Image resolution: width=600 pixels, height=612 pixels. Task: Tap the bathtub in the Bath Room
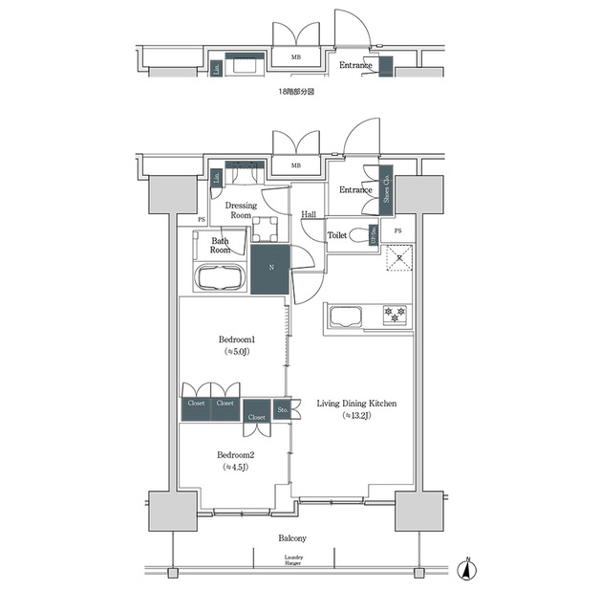tap(220, 279)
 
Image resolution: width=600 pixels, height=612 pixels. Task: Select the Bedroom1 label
tap(235, 339)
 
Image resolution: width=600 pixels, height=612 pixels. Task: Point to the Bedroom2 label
tap(235, 455)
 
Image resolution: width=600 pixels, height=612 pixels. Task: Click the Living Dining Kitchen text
tap(356, 404)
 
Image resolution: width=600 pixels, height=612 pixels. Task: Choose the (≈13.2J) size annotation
tap(356, 417)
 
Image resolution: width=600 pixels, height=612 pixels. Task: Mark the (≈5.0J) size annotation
tap(235, 353)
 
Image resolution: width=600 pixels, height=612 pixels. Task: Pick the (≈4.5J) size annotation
tap(235, 469)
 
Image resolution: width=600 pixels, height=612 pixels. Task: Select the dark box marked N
tap(271, 269)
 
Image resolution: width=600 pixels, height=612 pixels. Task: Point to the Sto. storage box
tap(283, 410)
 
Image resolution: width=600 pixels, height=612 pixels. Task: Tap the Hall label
tap(309, 215)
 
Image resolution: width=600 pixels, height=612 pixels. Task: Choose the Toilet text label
tap(336, 234)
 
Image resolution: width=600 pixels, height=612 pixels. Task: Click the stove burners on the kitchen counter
tap(395, 314)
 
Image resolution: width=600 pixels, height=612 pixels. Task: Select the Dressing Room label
tap(240, 210)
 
